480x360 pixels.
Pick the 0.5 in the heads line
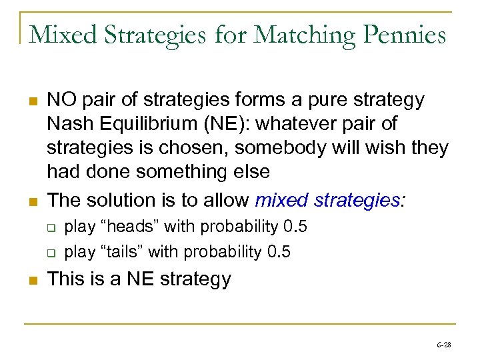[295, 227]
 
